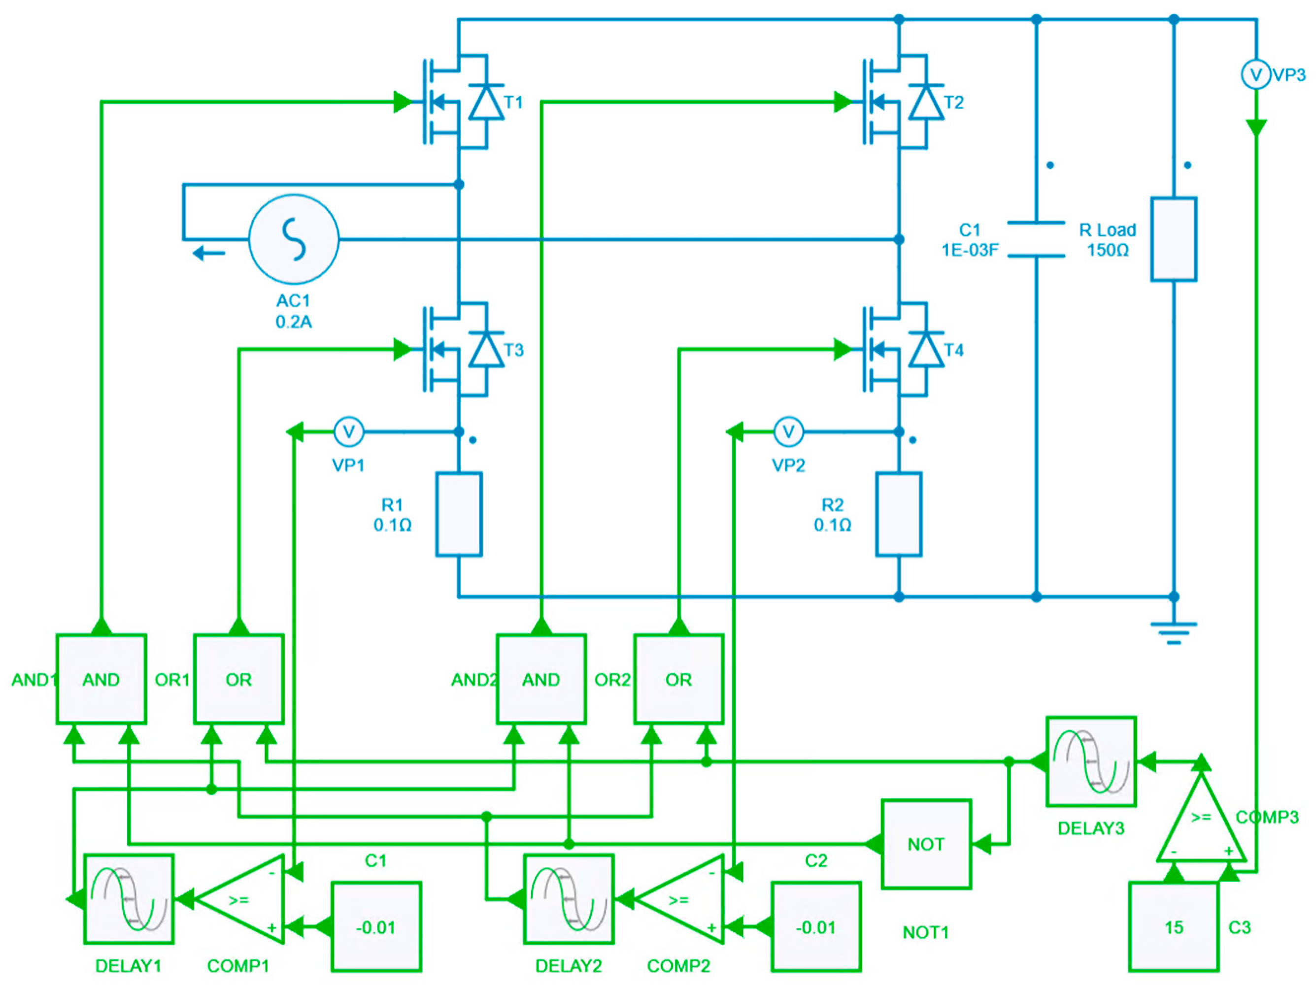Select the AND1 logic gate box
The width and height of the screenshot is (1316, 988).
pyautogui.click(x=101, y=679)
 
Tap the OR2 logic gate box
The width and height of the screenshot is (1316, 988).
pyautogui.click(x=678, y=679)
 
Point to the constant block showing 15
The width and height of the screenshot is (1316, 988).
pyautogui.click(x=1173, y=927)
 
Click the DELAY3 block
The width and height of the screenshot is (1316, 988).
pyautogui.click(x=1091, y=761)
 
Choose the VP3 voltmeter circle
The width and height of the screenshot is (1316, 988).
pyautogui.click(x=1255, y=75)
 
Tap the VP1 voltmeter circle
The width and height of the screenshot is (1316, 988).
pyautogui.click(x=349, y=432)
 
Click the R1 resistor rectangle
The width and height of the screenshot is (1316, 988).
pyautogui.click(x=458, y=515)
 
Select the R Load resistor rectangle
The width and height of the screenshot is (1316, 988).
pyautogui.click(x=1173, y=239)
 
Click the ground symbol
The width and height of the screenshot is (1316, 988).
pyautogui.click(x=1173, y=632)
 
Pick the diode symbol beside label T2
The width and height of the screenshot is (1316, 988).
pyautogui.click(x=926, y=102)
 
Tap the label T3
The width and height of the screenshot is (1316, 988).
pyautogui.click(x=513, y=350)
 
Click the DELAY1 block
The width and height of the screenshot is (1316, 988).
pyautogui.click(x=129, y=899)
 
